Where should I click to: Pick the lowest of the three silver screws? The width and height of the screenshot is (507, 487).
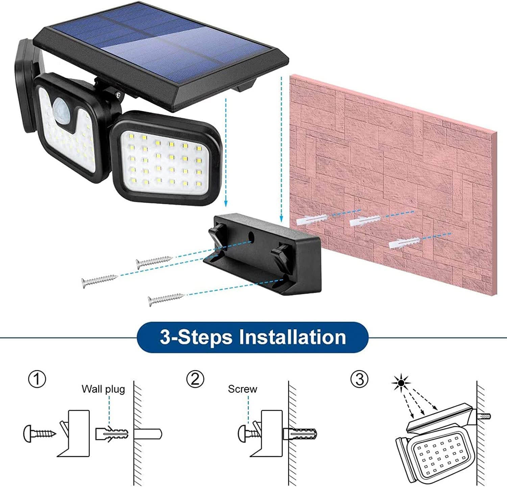point(166,298)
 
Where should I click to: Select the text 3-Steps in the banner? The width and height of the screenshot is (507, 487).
point(196,337)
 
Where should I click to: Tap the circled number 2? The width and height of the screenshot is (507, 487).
point(195,379)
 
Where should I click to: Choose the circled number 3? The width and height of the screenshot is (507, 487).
point(359,379)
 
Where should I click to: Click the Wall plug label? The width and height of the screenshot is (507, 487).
point(103,389)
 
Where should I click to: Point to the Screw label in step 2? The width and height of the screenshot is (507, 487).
point(242,389)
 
